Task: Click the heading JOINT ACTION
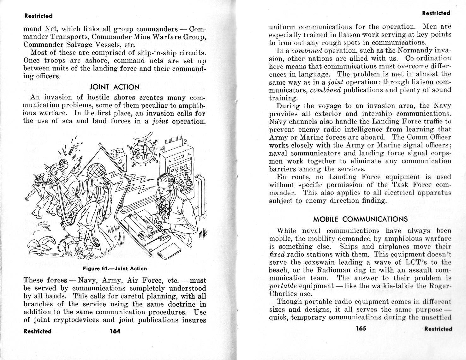[115, 87]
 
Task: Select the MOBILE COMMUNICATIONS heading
[360, 219]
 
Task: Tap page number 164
[115, 331]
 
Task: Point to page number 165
[361, 328]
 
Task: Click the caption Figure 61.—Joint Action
[115, 269]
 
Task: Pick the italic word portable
[282, 286]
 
